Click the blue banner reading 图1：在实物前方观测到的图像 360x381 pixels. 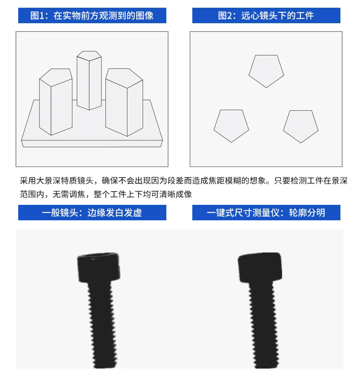point(92,15)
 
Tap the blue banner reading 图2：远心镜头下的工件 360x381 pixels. point(266,15)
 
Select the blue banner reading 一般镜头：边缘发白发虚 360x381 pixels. point(92,213)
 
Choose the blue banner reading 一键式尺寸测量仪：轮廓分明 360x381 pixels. point(266,213)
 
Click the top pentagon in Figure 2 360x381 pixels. point(266,71)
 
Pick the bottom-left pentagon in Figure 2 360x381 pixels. point(231,125)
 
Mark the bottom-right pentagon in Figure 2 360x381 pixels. point(301,126)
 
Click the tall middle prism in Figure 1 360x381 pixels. point(89,80)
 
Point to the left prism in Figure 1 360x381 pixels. point(56,102)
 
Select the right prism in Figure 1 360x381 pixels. point(124,102)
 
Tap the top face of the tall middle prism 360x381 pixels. point(89,56)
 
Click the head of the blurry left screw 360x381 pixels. point(98,267)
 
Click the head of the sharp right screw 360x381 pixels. point(260,267)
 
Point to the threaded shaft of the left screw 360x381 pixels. point(102,325)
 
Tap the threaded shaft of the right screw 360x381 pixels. point(264,325)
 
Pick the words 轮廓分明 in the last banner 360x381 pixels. point(307,213)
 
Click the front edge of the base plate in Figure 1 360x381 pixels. point(92,143)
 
